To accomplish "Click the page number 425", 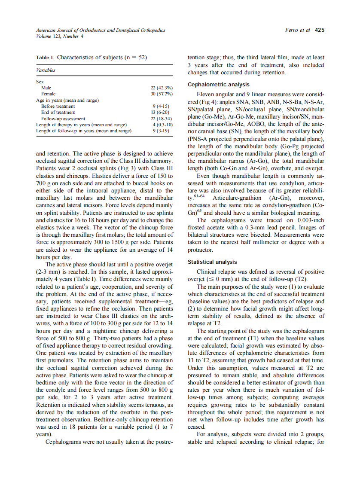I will point(319,31).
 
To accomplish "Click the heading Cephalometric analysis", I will point(219,85).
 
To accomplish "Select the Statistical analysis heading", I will point(212,262).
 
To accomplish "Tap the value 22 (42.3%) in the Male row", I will point(159,88).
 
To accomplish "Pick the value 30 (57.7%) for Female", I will point(159,94).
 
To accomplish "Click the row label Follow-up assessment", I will point(63,119).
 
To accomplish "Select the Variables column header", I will point(46,70).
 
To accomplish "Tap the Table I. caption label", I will point(45,57).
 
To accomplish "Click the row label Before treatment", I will point(58,106).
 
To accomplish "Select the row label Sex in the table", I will point(40,81).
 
